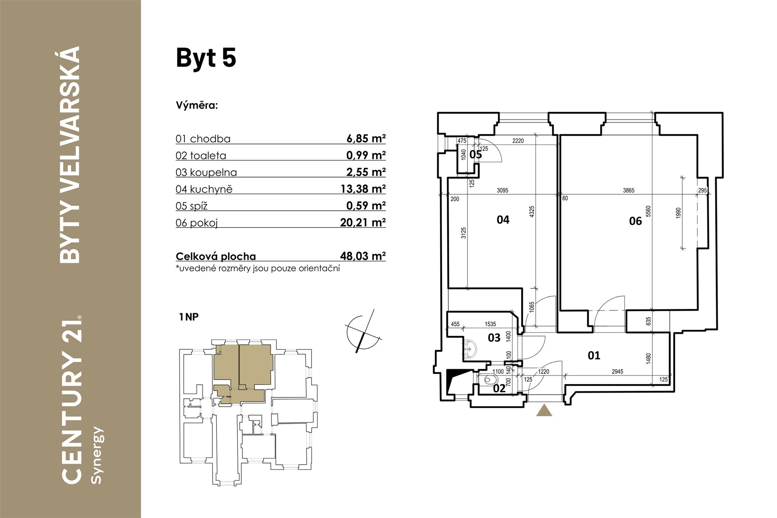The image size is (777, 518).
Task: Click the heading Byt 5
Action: click(206, 58)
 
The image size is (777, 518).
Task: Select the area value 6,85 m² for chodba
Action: click(366, 138)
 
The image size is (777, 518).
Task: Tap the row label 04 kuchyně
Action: click(204, 189)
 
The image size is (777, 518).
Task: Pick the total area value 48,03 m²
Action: click(363, 256)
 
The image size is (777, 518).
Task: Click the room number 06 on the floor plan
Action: click(635, 221)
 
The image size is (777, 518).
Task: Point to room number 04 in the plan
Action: click(503, 220)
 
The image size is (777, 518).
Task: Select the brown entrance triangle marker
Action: click(544, 410)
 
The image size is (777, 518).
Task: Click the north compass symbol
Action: click(363, 331)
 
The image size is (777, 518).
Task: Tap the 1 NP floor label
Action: click(189, 317)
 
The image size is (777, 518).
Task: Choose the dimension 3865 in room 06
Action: click(628, 191)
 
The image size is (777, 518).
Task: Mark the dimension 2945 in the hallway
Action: click(617, 372)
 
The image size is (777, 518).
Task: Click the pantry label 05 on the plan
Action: click(476, 155)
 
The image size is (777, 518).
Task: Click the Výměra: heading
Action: click(197, 106)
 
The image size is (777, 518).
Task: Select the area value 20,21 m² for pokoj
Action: click(363, 222)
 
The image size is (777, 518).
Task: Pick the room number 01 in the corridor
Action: click(594, 355)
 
